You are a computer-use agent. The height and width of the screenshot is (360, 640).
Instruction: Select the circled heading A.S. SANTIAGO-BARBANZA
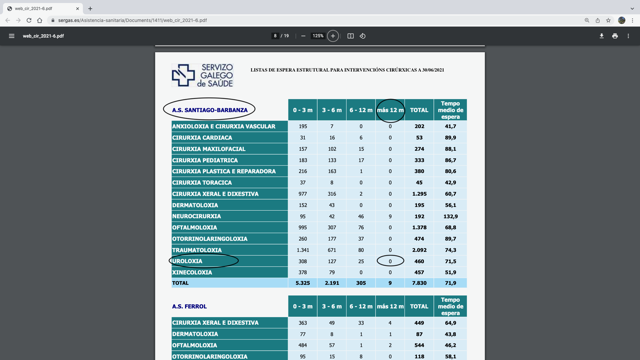(210, 110)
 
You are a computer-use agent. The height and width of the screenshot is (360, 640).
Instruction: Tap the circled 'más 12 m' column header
(390, 110)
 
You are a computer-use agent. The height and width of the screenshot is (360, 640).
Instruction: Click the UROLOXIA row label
(188, 261)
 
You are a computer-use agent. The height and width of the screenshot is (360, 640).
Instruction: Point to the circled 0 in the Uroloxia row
(390, 261)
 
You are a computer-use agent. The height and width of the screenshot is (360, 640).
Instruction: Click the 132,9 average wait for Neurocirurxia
(450, 216)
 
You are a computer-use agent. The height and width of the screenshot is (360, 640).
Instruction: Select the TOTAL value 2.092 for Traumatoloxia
(419, 250)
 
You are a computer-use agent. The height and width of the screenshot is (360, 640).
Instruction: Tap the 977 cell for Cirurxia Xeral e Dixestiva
(302, 194)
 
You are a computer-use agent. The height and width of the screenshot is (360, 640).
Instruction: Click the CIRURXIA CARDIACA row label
(202, 138)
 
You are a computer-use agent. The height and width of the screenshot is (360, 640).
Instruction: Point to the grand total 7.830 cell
(419, 283)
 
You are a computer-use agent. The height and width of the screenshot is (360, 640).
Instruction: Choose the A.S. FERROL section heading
(189, 306)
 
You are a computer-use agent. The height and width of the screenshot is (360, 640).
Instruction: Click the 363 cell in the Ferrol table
(302, 323)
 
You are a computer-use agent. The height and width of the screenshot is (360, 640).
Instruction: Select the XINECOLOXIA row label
(192, 272)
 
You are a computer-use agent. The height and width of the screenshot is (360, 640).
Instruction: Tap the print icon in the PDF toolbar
(615, 36)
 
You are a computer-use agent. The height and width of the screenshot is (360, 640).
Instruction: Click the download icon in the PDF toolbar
(601, 36)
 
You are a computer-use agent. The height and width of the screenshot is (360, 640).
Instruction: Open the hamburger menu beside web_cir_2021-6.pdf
(12, 36)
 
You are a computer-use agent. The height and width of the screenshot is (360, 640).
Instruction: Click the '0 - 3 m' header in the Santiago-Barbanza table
(302, 110)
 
